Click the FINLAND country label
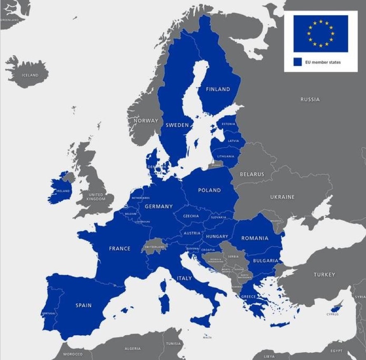click(218, 89)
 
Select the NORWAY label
click(146, 121)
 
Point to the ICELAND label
click(29, 75)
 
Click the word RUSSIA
click(310, 99)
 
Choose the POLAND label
click(209, 191)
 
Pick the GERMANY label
click(159, 207)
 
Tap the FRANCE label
click(120, 249)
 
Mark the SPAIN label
click(83, 306)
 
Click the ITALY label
click(184, 278)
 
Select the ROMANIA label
click(255, 238)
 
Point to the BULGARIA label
click(266, 261)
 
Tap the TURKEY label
click(324, 275)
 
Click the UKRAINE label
click(282, 197)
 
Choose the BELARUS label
click(252, 174)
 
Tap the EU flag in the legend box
click(320, 33)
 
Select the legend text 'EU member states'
click(323, 63)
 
